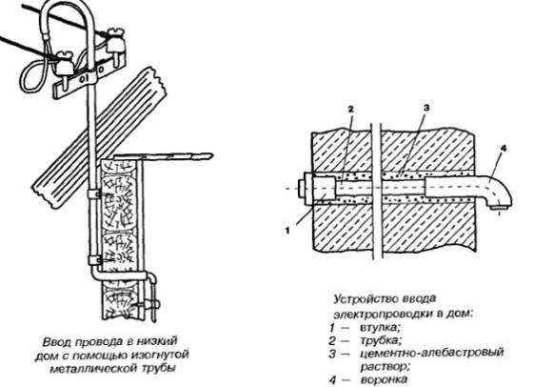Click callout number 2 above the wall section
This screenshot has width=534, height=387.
(x=351, y=109)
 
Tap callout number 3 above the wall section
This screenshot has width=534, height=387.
(x=426, y=108)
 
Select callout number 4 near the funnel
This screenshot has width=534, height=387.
(x=504, y=148)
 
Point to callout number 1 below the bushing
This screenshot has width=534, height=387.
(x=287, y=231)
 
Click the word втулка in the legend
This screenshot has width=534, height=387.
(x=380, y=328)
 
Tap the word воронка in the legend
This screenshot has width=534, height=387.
(x=384, y=379)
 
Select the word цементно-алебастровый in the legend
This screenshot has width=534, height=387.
(x=432, y=353)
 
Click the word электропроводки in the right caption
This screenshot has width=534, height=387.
(x=384, y=314)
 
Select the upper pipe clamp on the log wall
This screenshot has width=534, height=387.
(x=92, y=194)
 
